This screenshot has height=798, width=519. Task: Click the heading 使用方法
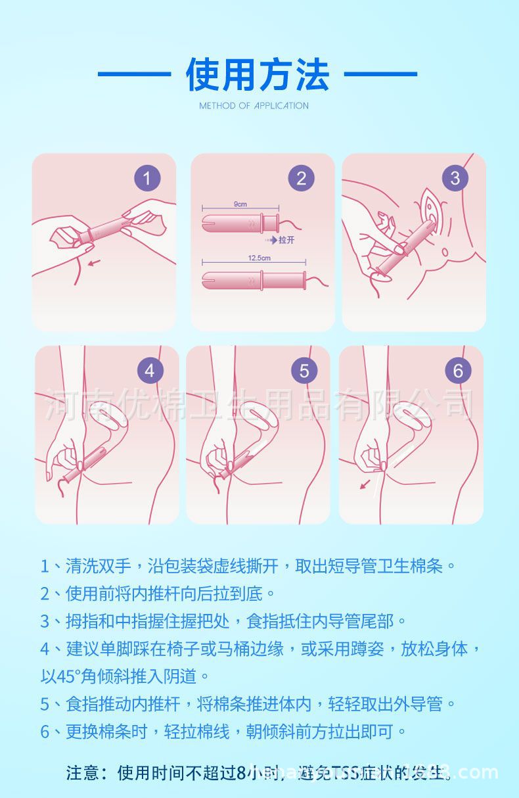pyautogui.click(x=258, y=74)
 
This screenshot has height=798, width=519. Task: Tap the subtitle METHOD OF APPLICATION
pyautogui.click(x=254, y=106)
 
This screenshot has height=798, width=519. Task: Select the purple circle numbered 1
pyautogui.click(x=147, y=178)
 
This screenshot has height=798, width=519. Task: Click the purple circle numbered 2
pyautogui.click(x=301, y=178)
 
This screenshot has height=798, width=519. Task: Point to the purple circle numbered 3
pyautogui.click(x=455, y=178)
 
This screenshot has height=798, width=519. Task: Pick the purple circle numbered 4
pyautogui.click(x=150, y=370)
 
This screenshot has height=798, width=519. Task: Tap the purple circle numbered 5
pyautogui.click(x=304, y=370)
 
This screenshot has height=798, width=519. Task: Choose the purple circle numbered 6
pyautogui.click(x=458, y=370)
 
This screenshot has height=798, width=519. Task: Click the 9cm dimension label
pyautogui.click(x=240, y=204)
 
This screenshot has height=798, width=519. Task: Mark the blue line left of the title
pyautogui.click(x=134, y=74)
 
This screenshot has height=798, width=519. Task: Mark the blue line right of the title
pyautogui.click(x=380, y=74)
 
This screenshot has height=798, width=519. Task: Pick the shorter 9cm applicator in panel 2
pyautogui.click(x=240, y=222)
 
